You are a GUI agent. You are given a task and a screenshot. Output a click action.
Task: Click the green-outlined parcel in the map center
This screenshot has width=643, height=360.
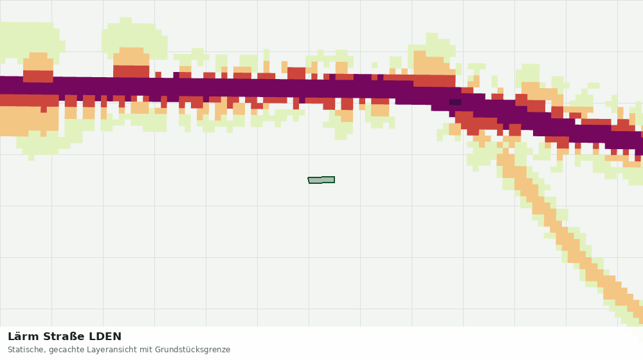point(321,180)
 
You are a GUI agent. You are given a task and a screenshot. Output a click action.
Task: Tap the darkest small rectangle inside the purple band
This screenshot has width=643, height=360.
point(455,102)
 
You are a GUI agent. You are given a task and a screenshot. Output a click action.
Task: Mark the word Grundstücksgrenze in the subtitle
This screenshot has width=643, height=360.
point(192,350)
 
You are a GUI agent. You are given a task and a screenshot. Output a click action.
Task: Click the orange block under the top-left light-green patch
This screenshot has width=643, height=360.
point(38,62)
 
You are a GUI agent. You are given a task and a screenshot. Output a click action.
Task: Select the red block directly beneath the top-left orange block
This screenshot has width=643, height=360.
point(38,76)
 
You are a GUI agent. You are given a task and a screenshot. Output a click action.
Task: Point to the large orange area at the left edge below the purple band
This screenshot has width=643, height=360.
point(29,121)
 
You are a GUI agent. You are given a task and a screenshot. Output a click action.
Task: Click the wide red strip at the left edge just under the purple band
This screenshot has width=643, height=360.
point(29,100)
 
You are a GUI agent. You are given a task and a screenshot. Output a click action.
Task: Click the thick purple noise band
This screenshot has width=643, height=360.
point(287,89)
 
